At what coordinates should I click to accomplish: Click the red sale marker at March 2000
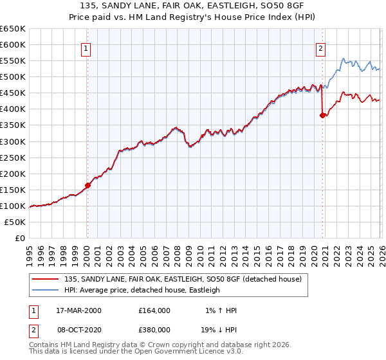pyautogui.click(x=88, y=185)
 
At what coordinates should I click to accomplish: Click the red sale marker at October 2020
pyautogui.click(x=323, y=116)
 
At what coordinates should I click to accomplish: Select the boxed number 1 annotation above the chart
pyautogui.click(x=85, y=47)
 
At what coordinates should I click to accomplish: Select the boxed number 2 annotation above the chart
pyautogui.click(x=320, y=47)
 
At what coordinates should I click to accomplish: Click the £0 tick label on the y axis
pyautogui.click(x=20, y=238)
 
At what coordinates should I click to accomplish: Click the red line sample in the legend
pyautogui.click(x=46, y=279)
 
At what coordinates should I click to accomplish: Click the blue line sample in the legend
pyautogui.click(x=46, y=290)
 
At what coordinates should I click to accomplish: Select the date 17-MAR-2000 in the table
pyautogui.click(x=79, y=310)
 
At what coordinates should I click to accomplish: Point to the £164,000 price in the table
pyautogui.click(x=154, y=310)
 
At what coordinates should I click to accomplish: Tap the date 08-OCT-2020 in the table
pyautogui.click(x=79, y=328)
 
